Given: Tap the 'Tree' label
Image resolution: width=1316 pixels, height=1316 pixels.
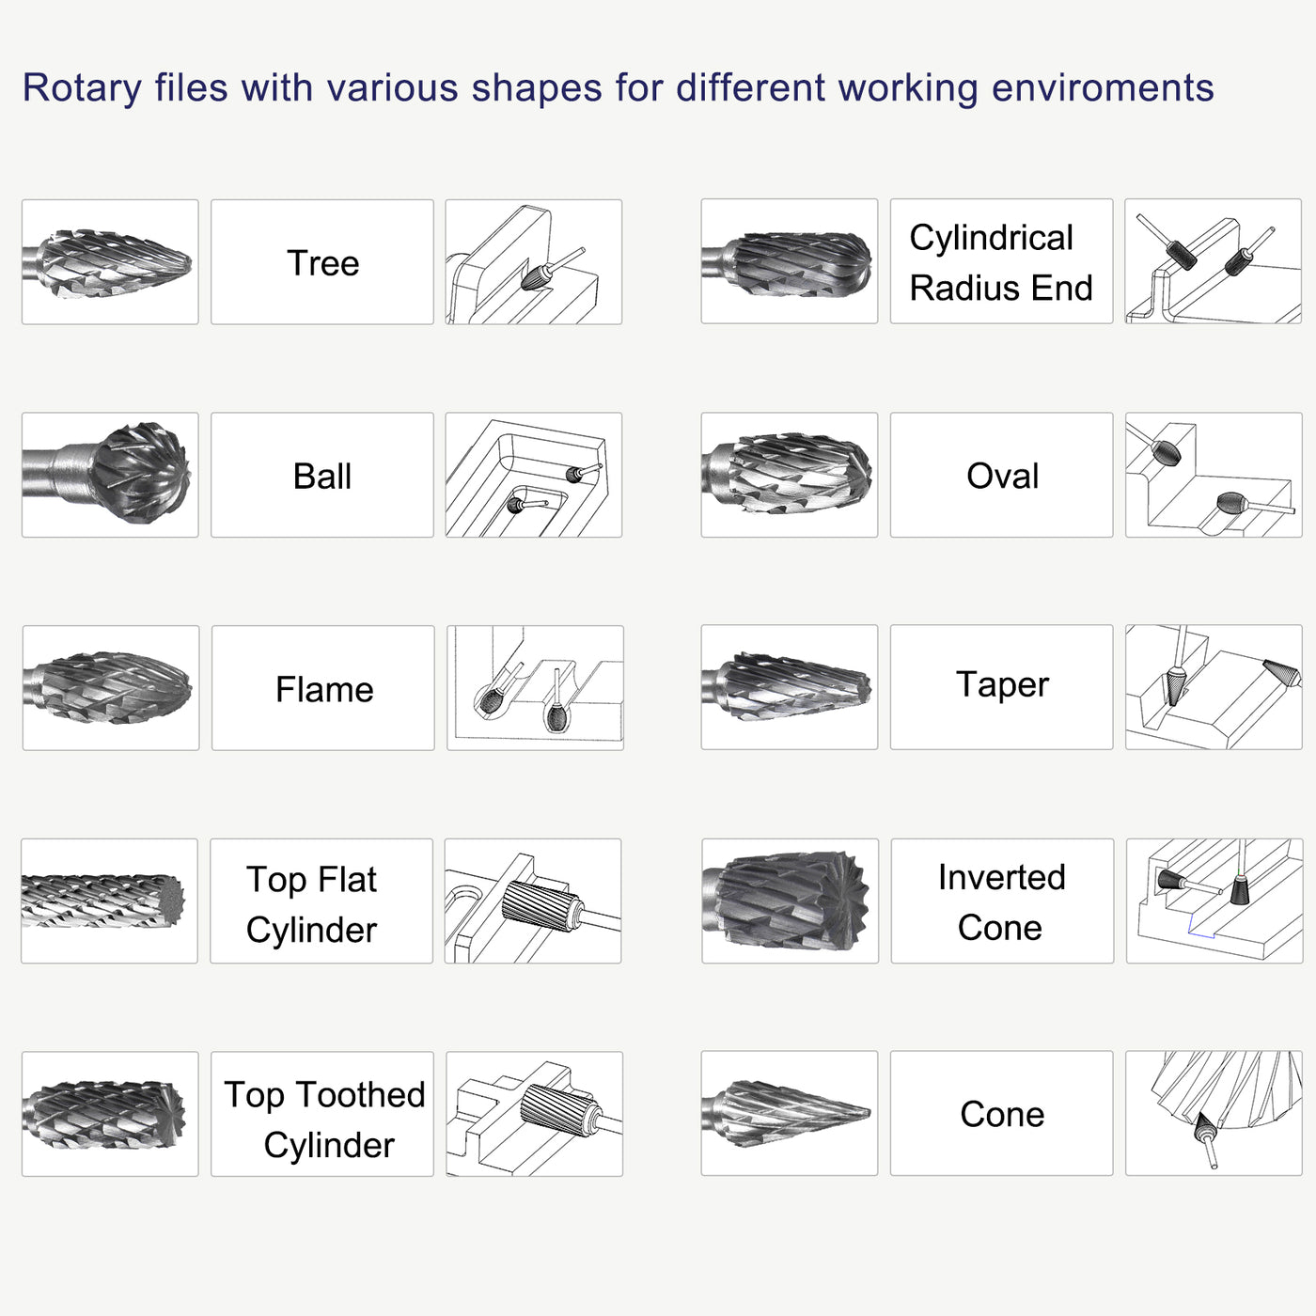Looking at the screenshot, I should tap(322, 263).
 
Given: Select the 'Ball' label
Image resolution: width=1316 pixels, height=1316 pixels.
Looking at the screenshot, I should tap(322, 476).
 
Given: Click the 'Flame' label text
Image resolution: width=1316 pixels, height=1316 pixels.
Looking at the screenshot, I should tap(324, 689).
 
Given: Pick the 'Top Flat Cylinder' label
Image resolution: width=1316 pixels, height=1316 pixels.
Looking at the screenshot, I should tap(312, 903).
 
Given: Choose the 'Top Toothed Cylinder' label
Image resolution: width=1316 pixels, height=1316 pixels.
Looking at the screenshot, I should tap(324, 1119).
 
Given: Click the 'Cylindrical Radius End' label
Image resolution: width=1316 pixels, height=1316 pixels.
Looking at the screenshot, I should tap(1000, 262).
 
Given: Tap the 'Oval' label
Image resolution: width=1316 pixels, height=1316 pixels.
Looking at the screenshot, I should tap(1002, 476).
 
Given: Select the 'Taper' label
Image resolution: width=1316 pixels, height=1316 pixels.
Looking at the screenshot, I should tap(1002, 685).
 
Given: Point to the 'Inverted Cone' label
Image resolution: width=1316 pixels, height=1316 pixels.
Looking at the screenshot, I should tap(1001, 901).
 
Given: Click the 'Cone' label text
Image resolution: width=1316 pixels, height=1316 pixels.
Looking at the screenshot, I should tap(1002, 1114).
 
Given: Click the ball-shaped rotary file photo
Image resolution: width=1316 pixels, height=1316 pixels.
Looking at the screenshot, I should tap(110, 475).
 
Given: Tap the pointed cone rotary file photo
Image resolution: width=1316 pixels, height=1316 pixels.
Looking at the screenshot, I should tap(789, 1113).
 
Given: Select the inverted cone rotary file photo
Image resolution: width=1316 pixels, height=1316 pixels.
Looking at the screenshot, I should tap(790, 901).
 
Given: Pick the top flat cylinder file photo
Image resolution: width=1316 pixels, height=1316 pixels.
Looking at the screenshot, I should tap(109, 901).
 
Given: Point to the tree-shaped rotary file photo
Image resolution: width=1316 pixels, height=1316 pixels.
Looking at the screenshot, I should tap(110, 262).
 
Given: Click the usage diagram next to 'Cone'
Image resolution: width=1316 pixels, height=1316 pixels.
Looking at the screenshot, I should tap(1214, 1113).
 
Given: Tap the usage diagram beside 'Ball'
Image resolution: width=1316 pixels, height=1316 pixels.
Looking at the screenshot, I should tap(533, 475).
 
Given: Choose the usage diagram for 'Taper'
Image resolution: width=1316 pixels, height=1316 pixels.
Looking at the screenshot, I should tap(1214, 687).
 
